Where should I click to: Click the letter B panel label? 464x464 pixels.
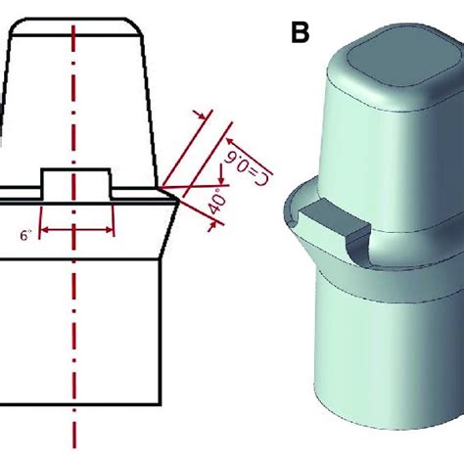click(x=301, y=34)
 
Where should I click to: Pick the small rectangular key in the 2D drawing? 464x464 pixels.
click(x=75, y=182)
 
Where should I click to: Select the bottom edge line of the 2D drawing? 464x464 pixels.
click(x=78, y=402)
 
